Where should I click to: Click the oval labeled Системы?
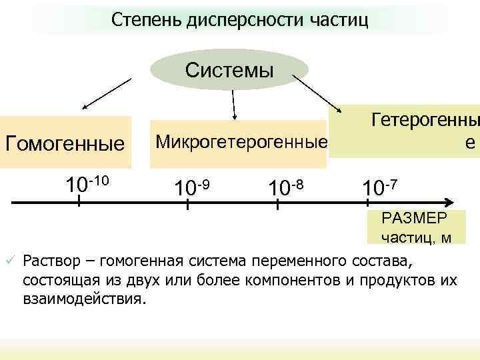(x=229, y=70)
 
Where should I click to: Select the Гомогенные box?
(x=65, y=143)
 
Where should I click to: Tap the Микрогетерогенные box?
(x=241, y=141)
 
